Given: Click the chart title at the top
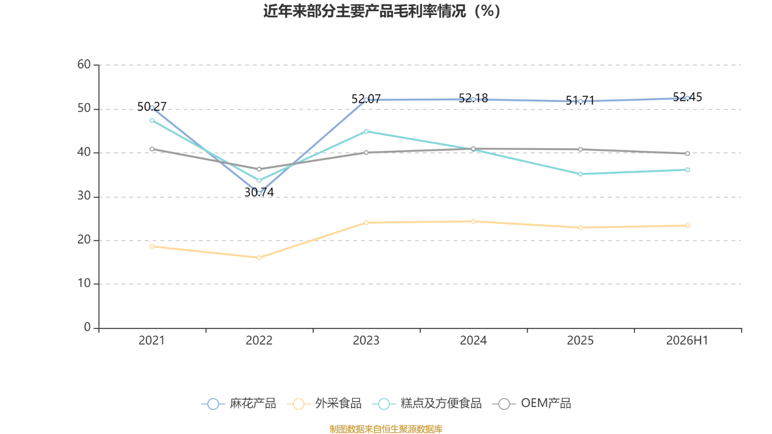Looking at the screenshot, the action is [x=382, y=11].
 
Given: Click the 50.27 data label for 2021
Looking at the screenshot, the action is [x=152, y=107].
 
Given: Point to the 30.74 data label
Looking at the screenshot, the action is [x=259, y=192].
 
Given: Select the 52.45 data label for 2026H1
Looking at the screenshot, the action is [x=687, y=97].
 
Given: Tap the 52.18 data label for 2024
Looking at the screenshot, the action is [x=473, y=98].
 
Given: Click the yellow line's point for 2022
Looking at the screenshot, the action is [x=259, y=258].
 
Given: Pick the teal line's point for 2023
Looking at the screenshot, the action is [x=366, y=131].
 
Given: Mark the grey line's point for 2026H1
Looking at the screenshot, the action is [x=688, y=154].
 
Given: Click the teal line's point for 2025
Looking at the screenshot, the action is [x=580, y=174].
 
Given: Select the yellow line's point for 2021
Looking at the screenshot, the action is [x=152, y=246].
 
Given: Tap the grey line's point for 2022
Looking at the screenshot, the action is [x=259, y=169].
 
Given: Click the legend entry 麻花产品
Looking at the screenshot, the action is [x=238, y=403].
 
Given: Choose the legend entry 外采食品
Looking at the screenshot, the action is [x=324, y=403].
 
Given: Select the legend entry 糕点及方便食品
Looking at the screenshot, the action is [x=427, y=403].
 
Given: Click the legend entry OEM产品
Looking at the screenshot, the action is [x=532, y=403].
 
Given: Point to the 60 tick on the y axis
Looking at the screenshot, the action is [x=84, y=65].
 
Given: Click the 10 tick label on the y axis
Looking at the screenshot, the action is [x=84, y=284].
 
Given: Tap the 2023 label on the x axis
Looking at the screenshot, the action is [x=366, y=340].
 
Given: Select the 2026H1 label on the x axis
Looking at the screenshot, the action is [x=687, y=340].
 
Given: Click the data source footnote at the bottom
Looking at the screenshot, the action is [x=386, y=429].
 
